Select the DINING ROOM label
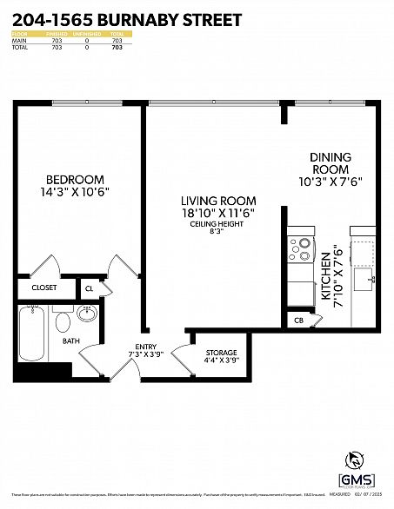pos(331,163)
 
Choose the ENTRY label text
pos(145,347)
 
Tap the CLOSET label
pos(44,288)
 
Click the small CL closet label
pos(90,288)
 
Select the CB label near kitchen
pos(297,320)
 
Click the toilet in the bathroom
pos(62,322)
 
